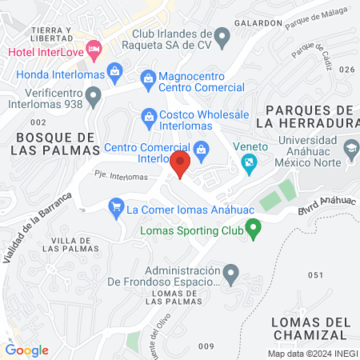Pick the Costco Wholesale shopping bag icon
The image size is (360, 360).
tap(149, 117)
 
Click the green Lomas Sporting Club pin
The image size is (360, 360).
tap(254, 232)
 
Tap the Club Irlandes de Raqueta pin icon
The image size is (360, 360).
tap(223, 35)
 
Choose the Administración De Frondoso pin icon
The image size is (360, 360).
tap(231, 274)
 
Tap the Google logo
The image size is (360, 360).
tap(26, 350)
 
